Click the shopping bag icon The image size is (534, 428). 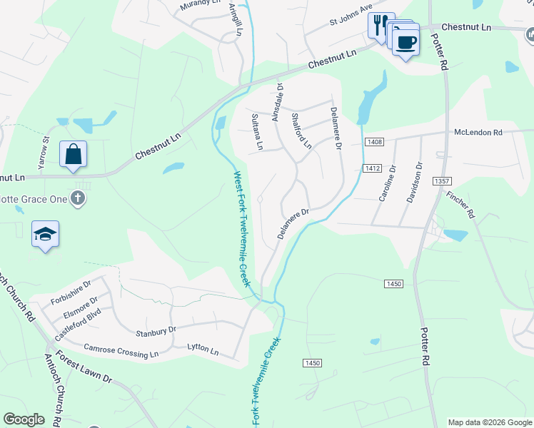click(73, 153)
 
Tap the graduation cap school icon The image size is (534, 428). click(45, 235)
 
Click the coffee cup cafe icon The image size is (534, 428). click(405, 42)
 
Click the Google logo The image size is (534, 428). click(24, 419)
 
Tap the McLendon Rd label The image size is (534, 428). click(478, 133)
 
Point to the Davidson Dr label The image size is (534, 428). click(414, 183)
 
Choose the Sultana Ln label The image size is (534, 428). click(256, 132)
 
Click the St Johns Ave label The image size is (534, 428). click(351, 16)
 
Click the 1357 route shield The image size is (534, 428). click(441, 182)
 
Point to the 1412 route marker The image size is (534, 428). click(371, 168)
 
